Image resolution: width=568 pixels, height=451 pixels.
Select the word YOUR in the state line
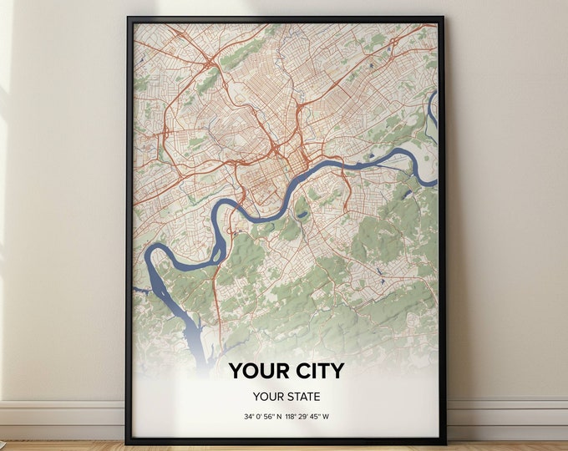coord(269,396)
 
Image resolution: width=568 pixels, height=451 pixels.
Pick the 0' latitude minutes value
coord(262,416)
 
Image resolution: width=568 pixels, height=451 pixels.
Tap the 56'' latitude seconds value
coord(275,416)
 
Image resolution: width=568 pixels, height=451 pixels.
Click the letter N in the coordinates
coord(287,416)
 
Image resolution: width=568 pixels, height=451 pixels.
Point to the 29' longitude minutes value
coord(316,416)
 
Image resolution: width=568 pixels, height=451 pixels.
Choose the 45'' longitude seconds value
coord(329,416)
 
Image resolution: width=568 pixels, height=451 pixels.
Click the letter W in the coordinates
coord(342,416)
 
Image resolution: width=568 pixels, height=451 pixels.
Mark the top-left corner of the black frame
coord(128,18)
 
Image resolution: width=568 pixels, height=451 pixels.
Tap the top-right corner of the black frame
coord(444,18)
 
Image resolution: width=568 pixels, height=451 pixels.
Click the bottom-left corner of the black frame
coord(128,443)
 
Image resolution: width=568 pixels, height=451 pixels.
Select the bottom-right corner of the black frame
coord(444,443)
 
